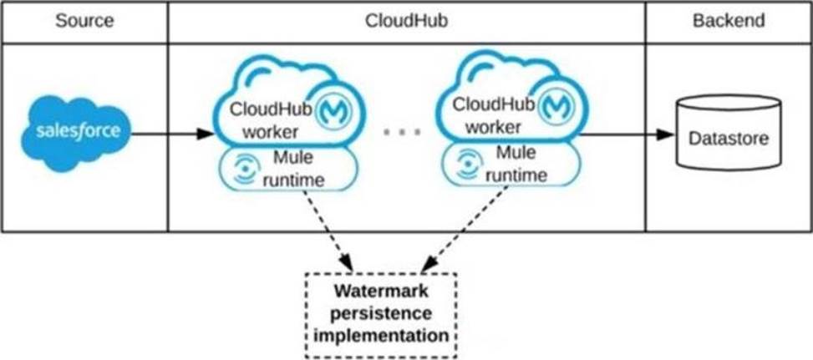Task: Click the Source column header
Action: pyautogui.click(x=84, y=21)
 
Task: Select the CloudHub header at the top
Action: pyautogui.click(x=405, y=21)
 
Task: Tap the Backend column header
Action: pyautogui.click(x=728, y=21)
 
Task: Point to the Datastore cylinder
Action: pyautogui.click(x=728, y=133)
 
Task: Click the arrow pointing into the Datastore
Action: pyautogui.click(x=627, y=134)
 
